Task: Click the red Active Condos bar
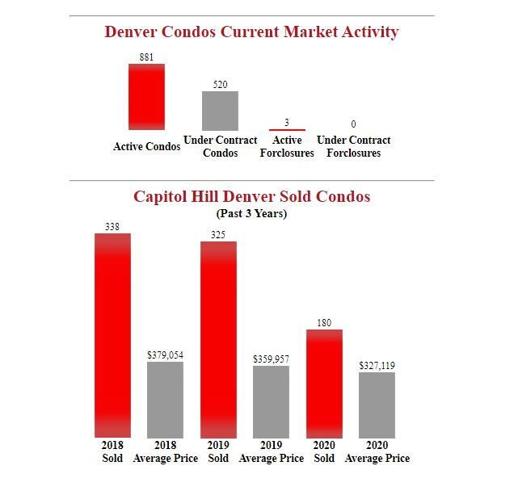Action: click(146, 96)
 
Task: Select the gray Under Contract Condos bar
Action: click(220, 111)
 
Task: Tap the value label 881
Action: click(146, 57)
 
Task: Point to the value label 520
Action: click(220, 84)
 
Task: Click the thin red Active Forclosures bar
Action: click(287, 129)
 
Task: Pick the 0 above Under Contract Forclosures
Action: click(353, 124)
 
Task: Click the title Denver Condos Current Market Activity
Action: click(251, 32)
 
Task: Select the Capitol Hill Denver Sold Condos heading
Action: click(251, 196)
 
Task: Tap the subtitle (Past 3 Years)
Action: click(251, 214)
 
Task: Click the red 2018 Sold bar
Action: click(112, 335)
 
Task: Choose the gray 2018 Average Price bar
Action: click(165, 400)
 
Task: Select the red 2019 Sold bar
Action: click(218, 339)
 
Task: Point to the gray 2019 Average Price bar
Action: click(271, 401)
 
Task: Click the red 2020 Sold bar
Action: click(324, 384)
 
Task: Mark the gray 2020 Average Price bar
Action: click(377, 405)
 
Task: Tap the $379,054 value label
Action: click(165, 355)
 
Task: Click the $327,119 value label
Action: click(377, 365)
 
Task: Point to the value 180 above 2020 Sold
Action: click(324, 322)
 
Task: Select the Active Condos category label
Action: click(146, 147)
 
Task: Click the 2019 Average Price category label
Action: click(272, 452)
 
